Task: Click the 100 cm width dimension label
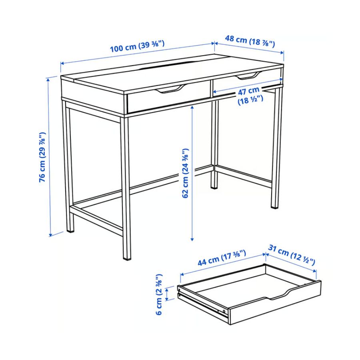[x=137, y=46]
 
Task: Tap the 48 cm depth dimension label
[x=250, y=41]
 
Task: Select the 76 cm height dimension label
[x=42, y=157]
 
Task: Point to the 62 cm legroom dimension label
[x=185, y=173]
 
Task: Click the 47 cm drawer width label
[x=249, y=95]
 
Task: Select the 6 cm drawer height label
[x=159, y=294]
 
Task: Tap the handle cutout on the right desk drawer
[x=249, y=76]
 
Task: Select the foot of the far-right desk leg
[x=274, y=207]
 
